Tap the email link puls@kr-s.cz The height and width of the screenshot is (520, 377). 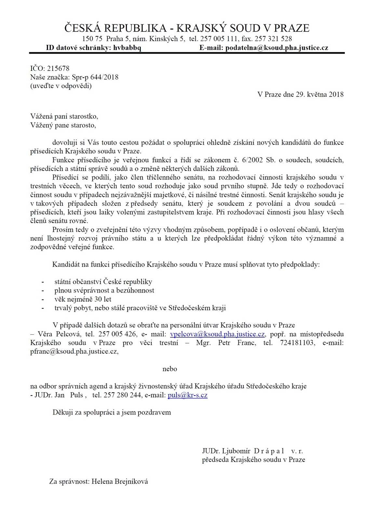click(187, 395)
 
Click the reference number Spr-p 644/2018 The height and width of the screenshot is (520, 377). click(92, 77)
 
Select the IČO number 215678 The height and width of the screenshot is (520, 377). click(58, 68)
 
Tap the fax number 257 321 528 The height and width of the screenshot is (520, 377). click(273, 39)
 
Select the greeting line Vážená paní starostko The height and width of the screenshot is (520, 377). click(64, 116)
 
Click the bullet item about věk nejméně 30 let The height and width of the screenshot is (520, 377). click(83, 299)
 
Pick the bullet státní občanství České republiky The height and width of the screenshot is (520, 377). click(103, 282)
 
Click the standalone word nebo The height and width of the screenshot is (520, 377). click(170, 369)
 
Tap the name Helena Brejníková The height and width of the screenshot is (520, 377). click(120, 481)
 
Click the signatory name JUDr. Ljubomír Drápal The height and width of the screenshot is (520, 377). click(243, 451)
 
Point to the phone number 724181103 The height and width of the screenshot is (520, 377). click(297, 343)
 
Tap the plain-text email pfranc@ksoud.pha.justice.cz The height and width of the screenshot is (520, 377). click(74, 351)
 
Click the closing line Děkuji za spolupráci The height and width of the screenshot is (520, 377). click(112, 412)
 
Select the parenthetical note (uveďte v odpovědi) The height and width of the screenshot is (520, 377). click(61, 86)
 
